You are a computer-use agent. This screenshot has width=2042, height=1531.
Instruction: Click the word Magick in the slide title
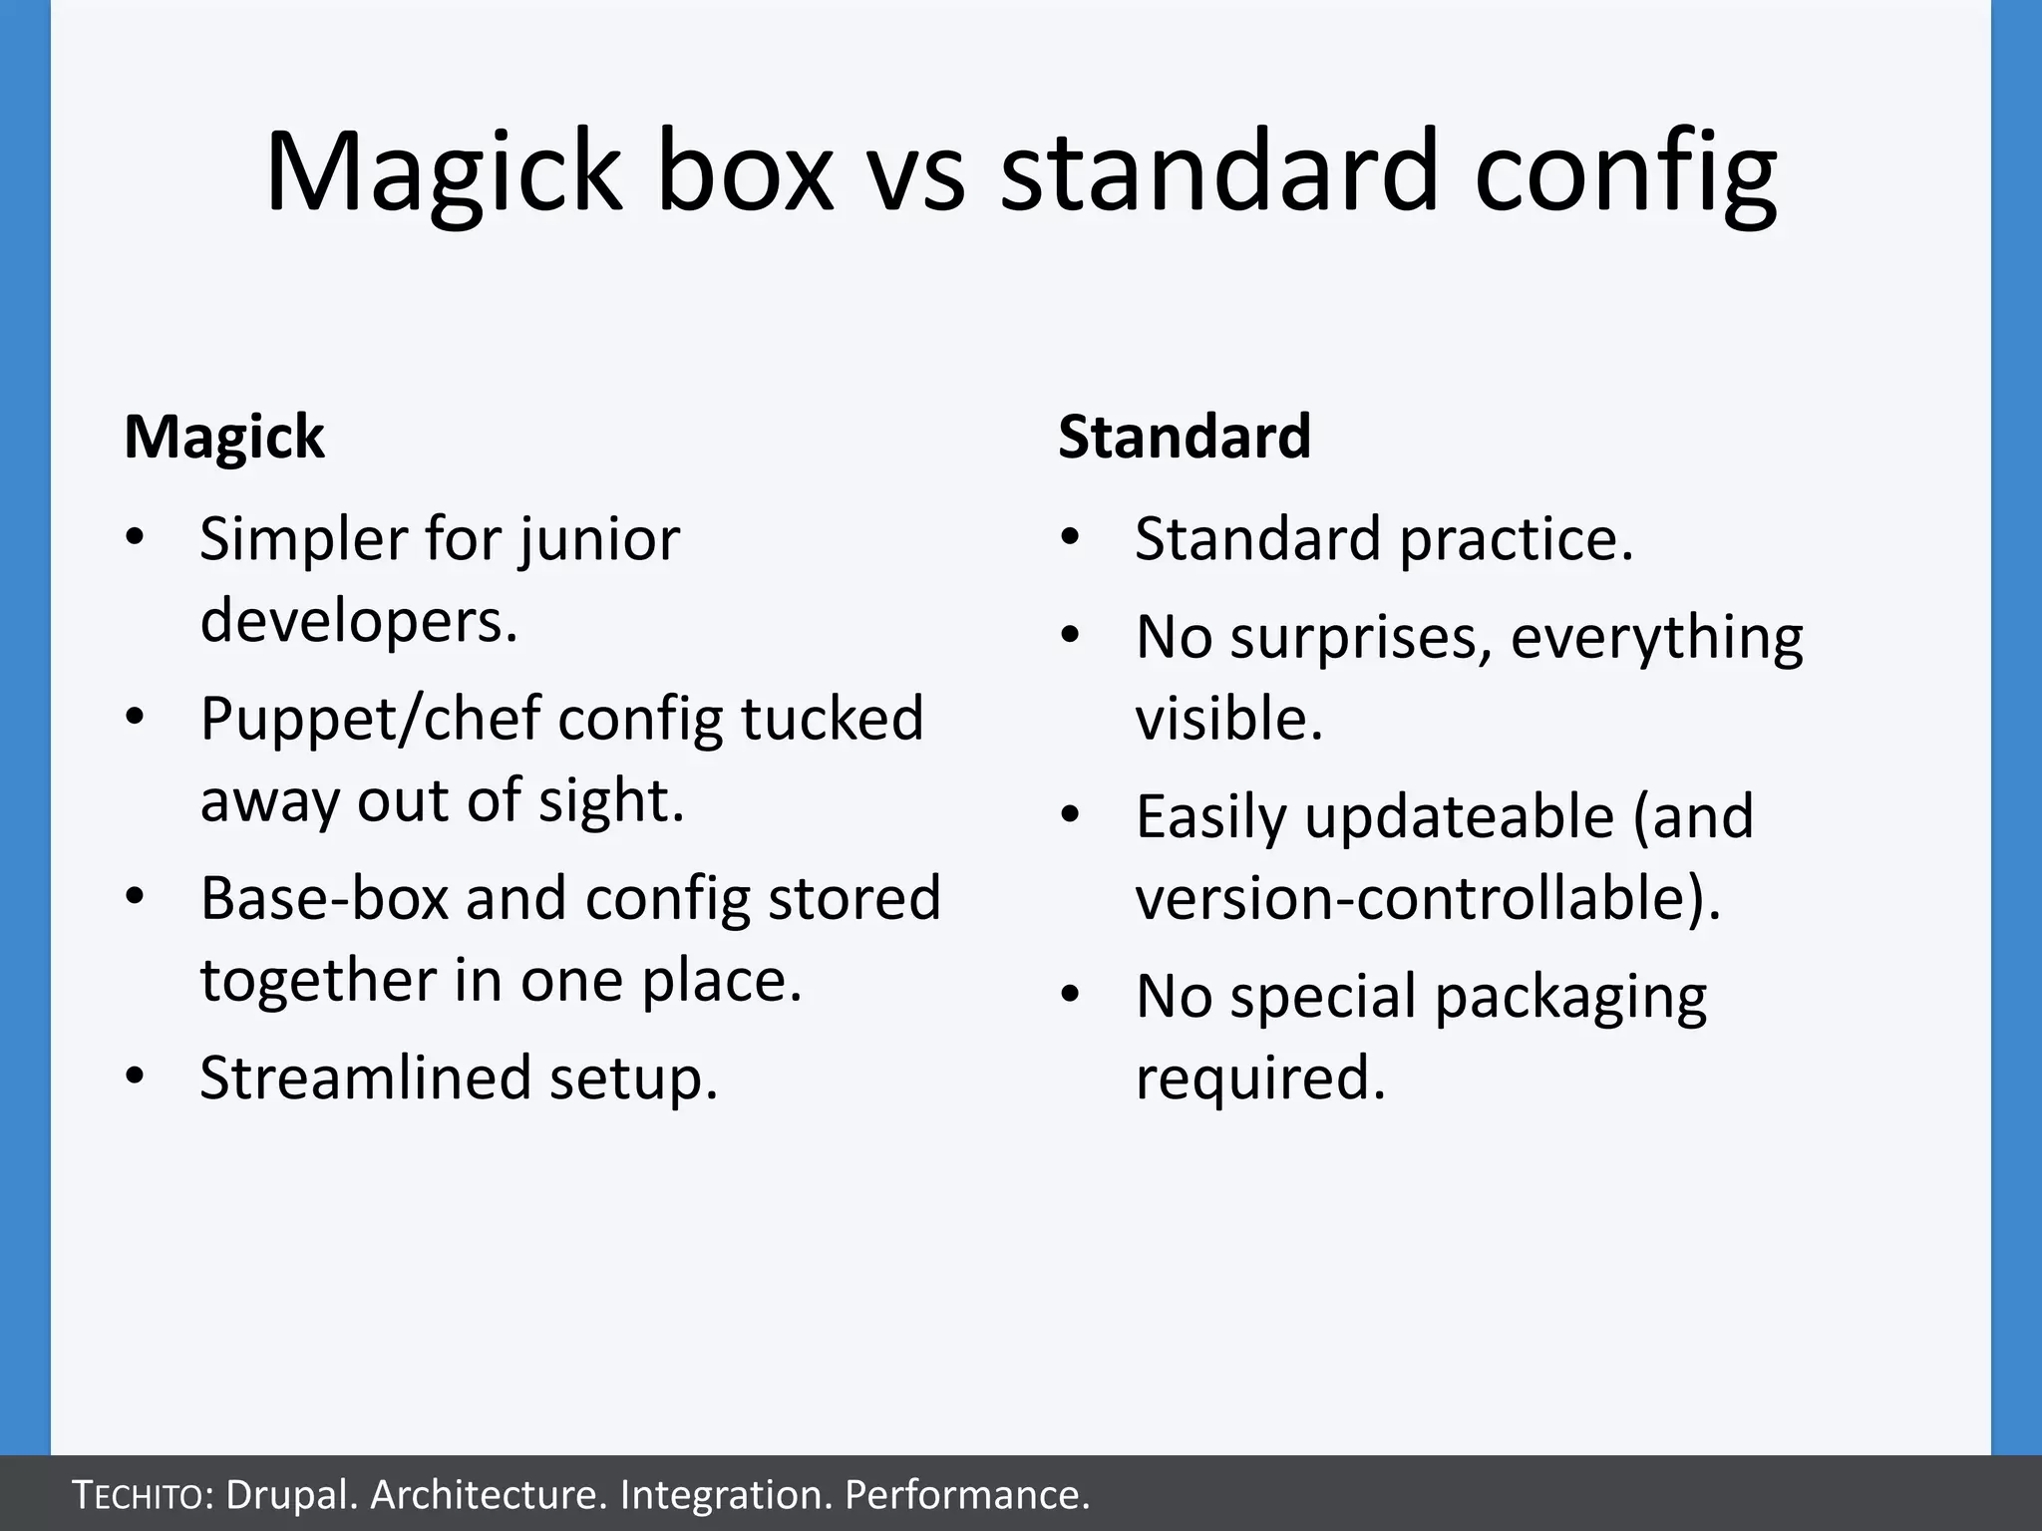(x=444, y=171)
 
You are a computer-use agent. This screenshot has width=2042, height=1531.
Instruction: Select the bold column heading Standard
(x=1185, y=437)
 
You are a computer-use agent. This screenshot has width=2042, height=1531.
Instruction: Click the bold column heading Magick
(x=224, y=437)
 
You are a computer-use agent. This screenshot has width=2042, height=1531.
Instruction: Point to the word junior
(x=598, y=541)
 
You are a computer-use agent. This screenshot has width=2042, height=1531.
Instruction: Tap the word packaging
(x=1570, y=999)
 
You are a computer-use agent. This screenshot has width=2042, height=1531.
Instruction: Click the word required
(x=1260, y=1077)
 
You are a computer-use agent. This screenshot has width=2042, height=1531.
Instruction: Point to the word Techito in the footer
(x=141, y=1495)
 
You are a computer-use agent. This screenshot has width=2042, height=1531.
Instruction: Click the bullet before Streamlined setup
(x=136, y=1077)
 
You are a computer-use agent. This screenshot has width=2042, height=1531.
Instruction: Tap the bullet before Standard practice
(x=1071, y=538)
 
